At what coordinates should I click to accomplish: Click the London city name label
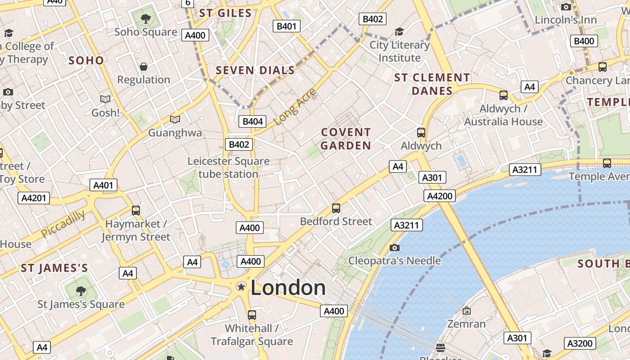(x=288, y=288)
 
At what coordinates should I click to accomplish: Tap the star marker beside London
(x=241, y=287)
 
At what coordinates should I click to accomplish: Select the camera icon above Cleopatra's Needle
(x=395, y=247)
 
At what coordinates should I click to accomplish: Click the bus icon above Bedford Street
(x=336, y=208)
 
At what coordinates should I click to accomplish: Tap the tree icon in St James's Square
(x=81, y=291)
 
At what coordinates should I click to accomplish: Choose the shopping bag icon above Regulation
(x=144, y=67)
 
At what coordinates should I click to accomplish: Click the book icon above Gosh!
(x=105, y=99)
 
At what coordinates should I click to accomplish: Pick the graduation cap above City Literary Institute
(x=399, y=31)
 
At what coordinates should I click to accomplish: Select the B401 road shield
(x=286, y=26)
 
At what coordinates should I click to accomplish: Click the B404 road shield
(x=252, y=121)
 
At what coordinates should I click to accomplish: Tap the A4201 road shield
(x=34, y=198)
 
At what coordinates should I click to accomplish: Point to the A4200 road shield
(x=439, y=196)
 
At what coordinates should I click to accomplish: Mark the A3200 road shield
(x=580, y=343)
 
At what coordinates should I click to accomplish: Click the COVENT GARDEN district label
(x=346, y=139)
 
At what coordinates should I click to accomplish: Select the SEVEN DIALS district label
(x=255, y=70)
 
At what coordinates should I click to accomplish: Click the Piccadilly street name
(x=63, y=224)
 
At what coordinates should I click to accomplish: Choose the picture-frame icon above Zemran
(x=466, y=310)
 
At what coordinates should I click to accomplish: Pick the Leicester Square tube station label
(x=229, y=167)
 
